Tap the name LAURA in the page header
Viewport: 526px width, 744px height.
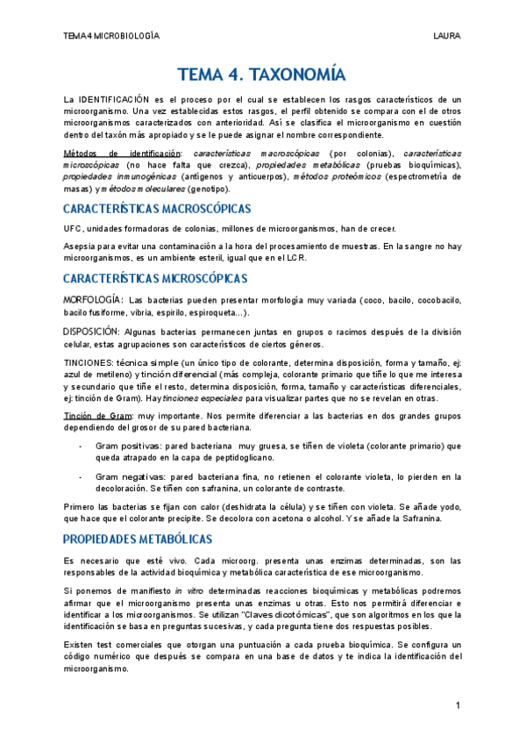coord(446,35)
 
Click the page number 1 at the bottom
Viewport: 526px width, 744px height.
coord(458,705)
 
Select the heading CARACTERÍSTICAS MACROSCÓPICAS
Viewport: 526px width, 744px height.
coord(157,209)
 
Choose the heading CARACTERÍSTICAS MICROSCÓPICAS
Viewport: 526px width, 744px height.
coord(156,279)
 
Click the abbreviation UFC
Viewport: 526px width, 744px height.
coord(73,228)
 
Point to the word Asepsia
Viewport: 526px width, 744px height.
coord(82,247)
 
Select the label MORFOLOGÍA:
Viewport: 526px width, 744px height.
coord(91,300)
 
